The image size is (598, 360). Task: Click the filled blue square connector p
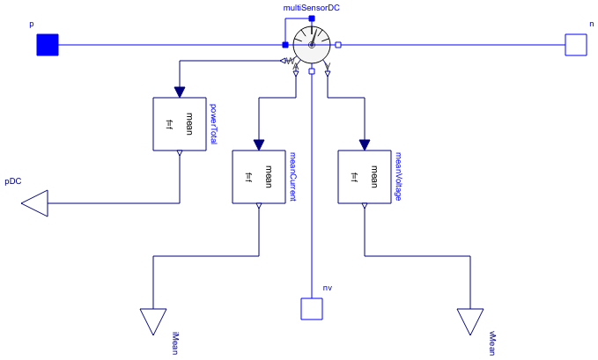pos(47,44)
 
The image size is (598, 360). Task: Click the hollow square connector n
pos(575,44)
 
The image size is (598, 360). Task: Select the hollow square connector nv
pos(312,309)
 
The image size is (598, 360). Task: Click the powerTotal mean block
pos(179,124)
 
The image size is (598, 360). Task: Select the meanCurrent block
pos(258,176)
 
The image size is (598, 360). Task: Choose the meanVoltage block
pos(364,176)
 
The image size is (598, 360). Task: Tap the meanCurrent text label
pos(292,176)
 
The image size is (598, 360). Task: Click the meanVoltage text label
pos(398,176)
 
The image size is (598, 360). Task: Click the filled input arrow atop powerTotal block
pos(179,92)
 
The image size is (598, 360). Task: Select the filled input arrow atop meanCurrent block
pos(258,145)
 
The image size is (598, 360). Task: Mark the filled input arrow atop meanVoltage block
pos(364,145)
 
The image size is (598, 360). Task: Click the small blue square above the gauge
pos(312,18)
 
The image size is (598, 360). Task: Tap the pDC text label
pos(12,181)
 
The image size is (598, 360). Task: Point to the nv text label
pos(328,288)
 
